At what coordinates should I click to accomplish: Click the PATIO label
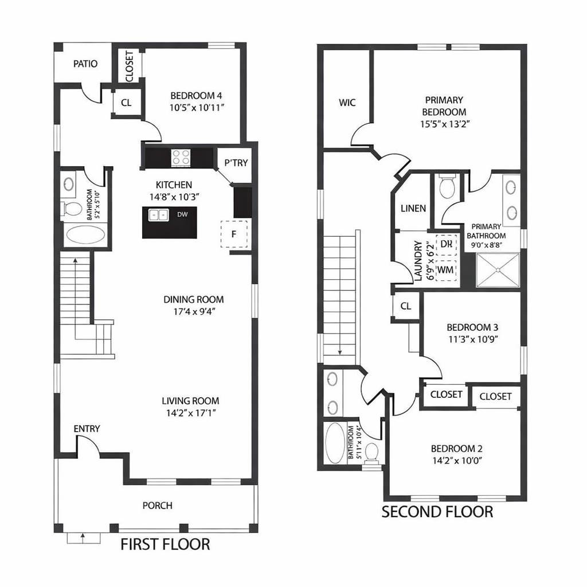[85, 64]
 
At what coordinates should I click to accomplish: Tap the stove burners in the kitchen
[181, 157]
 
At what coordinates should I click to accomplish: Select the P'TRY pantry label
[236, 163]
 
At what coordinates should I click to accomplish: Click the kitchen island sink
[158, 215]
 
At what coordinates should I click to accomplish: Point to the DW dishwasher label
[182, 215]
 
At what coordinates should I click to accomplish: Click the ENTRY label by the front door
[87, 429]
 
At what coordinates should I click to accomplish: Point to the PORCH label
[157, 505]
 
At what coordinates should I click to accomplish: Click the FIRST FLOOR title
[165, 543]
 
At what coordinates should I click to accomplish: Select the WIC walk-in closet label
[347, 103]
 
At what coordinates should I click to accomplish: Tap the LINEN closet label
[413, 208]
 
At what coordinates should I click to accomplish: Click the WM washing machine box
[446, 269]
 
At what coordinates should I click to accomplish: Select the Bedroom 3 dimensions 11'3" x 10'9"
[472, 338]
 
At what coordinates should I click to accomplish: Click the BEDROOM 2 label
[453, 448]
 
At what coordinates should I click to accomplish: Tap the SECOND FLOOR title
[437, 511]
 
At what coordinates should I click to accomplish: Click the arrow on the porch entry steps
[84, 538]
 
